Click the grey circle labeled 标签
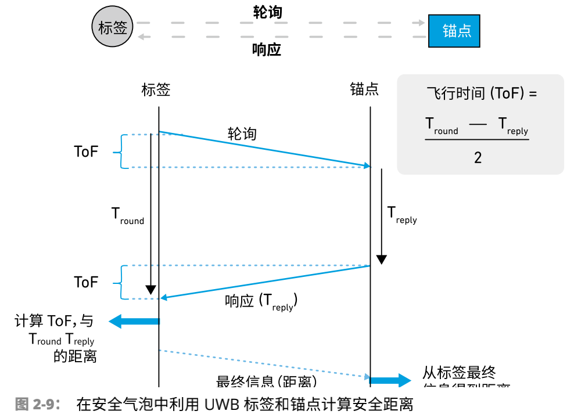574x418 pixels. tap(113, 27)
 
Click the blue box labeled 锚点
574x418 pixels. tap(454, 30)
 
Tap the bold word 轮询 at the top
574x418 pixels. tap(267, 12)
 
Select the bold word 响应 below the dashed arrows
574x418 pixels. tap(267, 50)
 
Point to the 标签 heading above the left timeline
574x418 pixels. tap(156, 89)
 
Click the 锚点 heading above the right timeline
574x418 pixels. tap(364, 89)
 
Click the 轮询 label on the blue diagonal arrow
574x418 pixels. tap(242, 134)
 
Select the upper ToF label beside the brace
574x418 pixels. tap(86, 152)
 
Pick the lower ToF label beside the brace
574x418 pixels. tap(86, 282)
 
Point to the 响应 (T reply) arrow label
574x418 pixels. tap(261, 301)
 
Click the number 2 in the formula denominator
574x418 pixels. tap(478, 157)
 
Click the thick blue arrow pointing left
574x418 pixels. tap(134, 321)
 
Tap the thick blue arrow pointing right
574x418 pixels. tap(390, 381)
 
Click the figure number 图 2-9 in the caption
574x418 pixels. tap(37, 404)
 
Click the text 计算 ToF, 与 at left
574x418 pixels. tap(53, 320)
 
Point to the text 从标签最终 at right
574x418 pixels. tap(459, 373)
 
